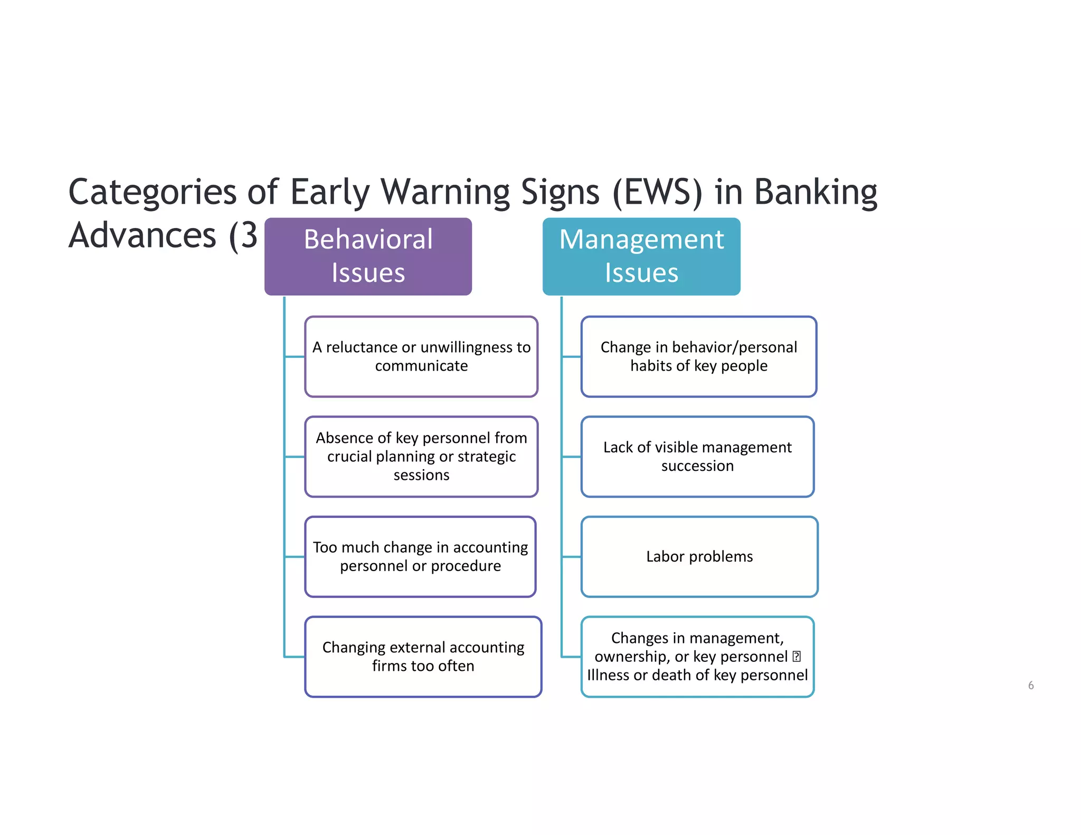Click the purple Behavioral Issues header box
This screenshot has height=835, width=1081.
click(x=368, y=257)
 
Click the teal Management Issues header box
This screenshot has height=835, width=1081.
click(x=641, y=257)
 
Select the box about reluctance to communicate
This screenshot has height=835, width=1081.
click(x=421, y=356)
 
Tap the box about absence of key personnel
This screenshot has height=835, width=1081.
click(x=421, y=457)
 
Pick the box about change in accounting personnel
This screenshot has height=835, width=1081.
click(x=420, y=556)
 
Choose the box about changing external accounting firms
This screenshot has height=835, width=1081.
click(x=423, y=657)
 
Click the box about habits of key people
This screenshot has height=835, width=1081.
click(x=698, y=356)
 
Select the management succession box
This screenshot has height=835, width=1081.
click(x=697, y=457)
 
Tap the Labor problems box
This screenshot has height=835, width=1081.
click(x=699, y=556)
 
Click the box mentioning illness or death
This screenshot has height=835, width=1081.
click(x=697, y=657)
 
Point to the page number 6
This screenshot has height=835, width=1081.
click(x=1030, y=685)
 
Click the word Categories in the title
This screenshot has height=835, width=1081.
click(x=152, y=192)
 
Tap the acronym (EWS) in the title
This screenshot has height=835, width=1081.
click(x=657, y=192)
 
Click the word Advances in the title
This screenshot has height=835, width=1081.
click(x=143, y=235)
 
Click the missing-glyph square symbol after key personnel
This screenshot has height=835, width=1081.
click(x=796, y=657)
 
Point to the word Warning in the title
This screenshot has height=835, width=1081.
click(x=444, y=192)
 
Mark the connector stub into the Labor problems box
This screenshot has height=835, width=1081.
click(x=571, y=556)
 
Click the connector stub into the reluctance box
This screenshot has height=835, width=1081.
click(x=295, y=357)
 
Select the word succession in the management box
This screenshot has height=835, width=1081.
click(x=697, y=466)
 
